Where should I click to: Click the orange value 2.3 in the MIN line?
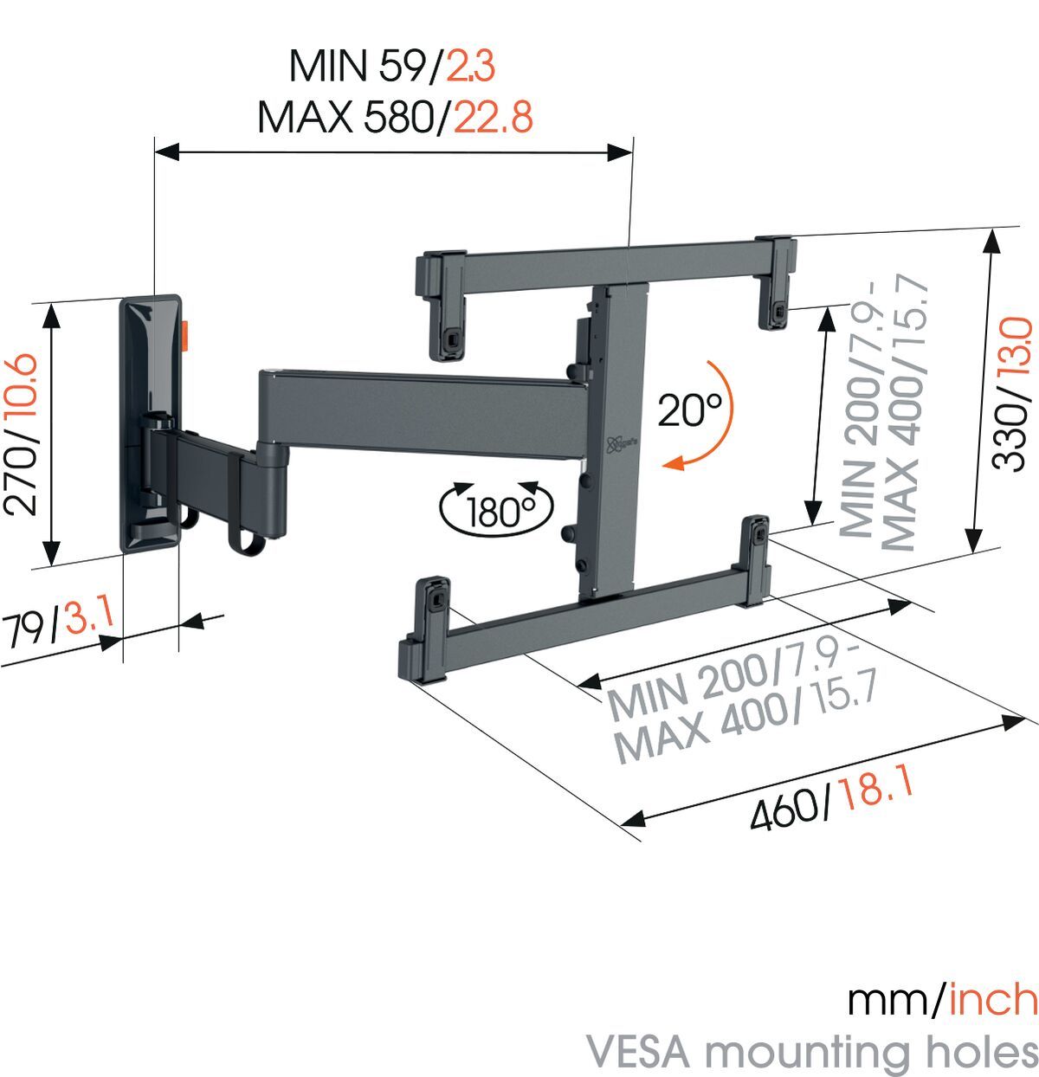pos(470,66)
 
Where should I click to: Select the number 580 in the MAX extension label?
pos(397,117)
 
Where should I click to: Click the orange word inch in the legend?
pos(993,1000)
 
